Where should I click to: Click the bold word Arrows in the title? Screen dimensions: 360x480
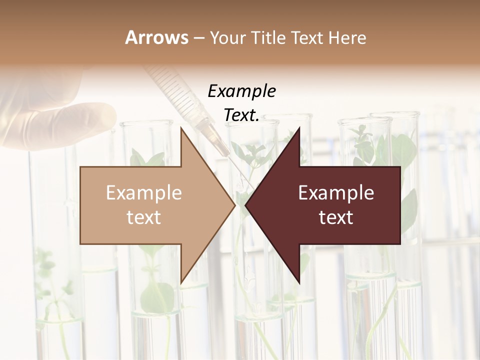[x=156, y=37]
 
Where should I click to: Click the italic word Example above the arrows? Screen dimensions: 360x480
[x=241, y=91]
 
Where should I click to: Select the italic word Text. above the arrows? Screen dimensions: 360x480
[x=241, y=115]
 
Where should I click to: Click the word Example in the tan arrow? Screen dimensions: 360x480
[x=144, y=193]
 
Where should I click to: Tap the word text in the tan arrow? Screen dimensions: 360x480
[x=144, y=217]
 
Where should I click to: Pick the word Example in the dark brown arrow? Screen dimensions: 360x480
[x=336, y=193]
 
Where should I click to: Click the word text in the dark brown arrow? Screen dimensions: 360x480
[x=336, y=217]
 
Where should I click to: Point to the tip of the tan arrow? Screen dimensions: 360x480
[x=234, y=205]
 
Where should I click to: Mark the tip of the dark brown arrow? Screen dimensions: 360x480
[x=245, y=205]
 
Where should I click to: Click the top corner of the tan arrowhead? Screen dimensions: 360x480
[x=181, y=127]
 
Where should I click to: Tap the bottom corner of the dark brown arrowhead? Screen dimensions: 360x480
[x=299, y=283]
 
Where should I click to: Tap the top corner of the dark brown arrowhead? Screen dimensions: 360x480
[x=299, y=127]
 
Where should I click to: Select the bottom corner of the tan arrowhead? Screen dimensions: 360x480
[x=181, y=283]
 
